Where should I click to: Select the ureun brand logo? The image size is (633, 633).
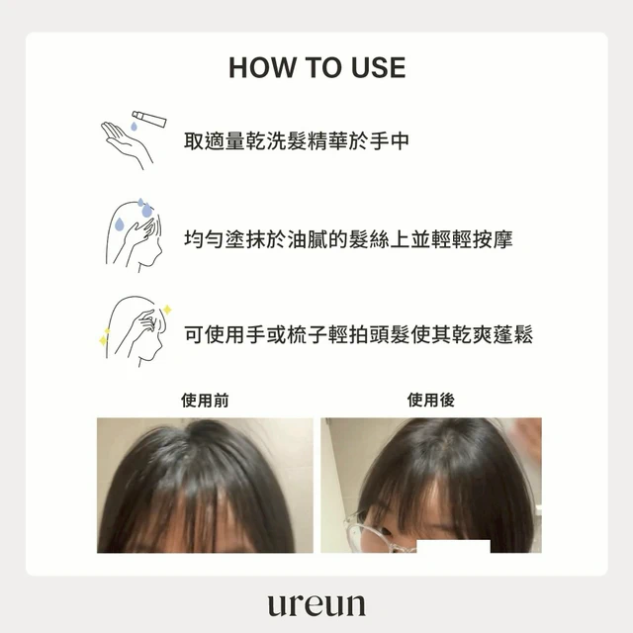tap(316, 604)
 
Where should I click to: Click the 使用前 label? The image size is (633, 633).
tap(205, 400)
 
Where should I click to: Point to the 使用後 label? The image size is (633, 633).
tap(431, 400)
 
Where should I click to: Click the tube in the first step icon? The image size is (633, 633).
tap(149, 119)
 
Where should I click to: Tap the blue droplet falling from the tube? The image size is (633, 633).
tap(135, 127)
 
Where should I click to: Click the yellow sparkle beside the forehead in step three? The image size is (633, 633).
tap(167, 310)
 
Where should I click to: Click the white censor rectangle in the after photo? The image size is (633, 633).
tap(453, 546)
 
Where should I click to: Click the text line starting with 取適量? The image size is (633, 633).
tap(297, 140)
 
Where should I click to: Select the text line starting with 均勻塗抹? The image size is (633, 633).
tap(348, 239)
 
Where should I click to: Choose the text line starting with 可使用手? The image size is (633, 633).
tap(358, 334)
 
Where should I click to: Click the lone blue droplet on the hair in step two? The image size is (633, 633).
tap(119, 225)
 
